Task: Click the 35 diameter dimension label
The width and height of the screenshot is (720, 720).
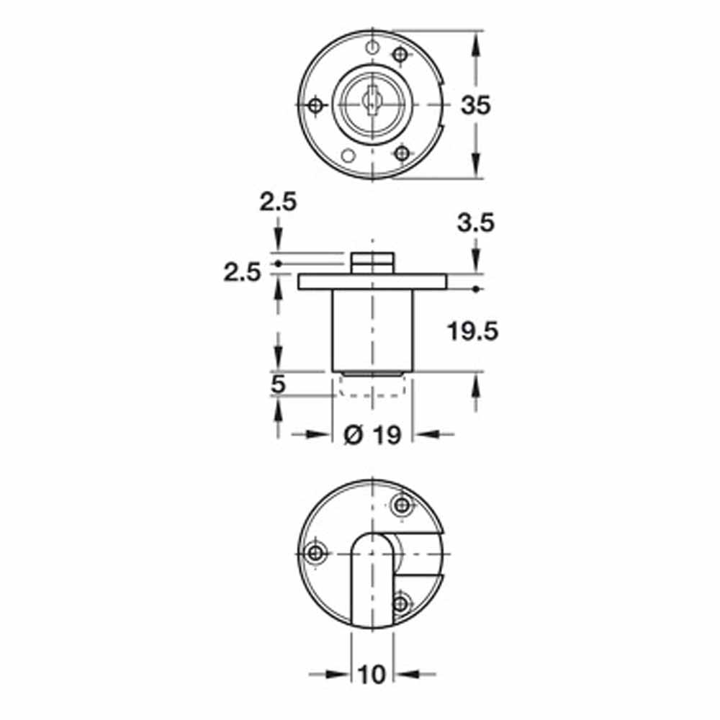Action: tap(476, 105)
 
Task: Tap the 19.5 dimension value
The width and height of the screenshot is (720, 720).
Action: tap(472, 331)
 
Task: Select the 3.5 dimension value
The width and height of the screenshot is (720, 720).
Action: tap(476, 223)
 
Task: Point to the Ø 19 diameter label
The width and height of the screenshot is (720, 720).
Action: tap(372, 434)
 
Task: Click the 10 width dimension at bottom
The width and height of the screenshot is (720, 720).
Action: tap(372, 675)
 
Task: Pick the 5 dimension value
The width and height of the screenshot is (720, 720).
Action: tap(278, 384)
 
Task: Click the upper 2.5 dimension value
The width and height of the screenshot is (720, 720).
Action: tap(278, 202)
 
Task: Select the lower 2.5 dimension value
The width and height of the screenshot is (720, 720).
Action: tap(242, 273)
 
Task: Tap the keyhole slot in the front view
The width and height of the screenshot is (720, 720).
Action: tap(369, 102)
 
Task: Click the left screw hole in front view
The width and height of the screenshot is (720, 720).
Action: tap(315, 106)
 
